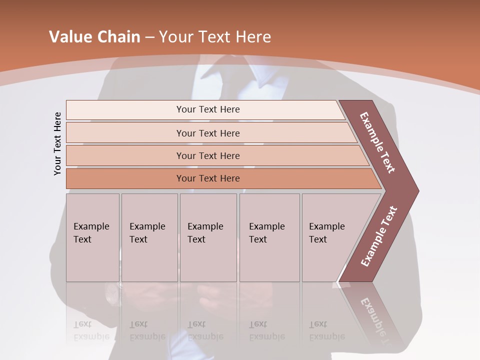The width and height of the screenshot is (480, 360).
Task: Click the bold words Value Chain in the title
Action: coord(94,37)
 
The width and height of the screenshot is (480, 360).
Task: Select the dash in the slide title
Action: coord(149,37)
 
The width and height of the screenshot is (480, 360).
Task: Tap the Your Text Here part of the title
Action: coord(215,37)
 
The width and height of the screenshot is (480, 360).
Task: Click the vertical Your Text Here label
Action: coord(57,143)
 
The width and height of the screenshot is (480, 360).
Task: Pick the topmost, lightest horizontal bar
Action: coord(207,109)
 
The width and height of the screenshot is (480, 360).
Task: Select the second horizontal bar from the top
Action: coord(207,133)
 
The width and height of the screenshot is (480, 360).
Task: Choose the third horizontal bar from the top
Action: coord(207,155)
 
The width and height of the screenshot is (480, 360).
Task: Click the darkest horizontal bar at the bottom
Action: coord(207,178)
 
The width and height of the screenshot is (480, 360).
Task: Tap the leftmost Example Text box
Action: coord(92,237)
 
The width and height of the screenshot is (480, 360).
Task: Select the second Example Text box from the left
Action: coord(149,237)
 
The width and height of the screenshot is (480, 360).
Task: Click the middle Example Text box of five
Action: coord(207,237)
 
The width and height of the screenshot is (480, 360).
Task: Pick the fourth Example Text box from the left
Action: coord(269,237)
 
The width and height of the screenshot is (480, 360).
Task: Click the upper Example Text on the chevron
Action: coord(378,142)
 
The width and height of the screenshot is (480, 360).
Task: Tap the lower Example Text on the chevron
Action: coord(379,236)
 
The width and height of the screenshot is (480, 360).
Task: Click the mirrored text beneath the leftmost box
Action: coord(91,330)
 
